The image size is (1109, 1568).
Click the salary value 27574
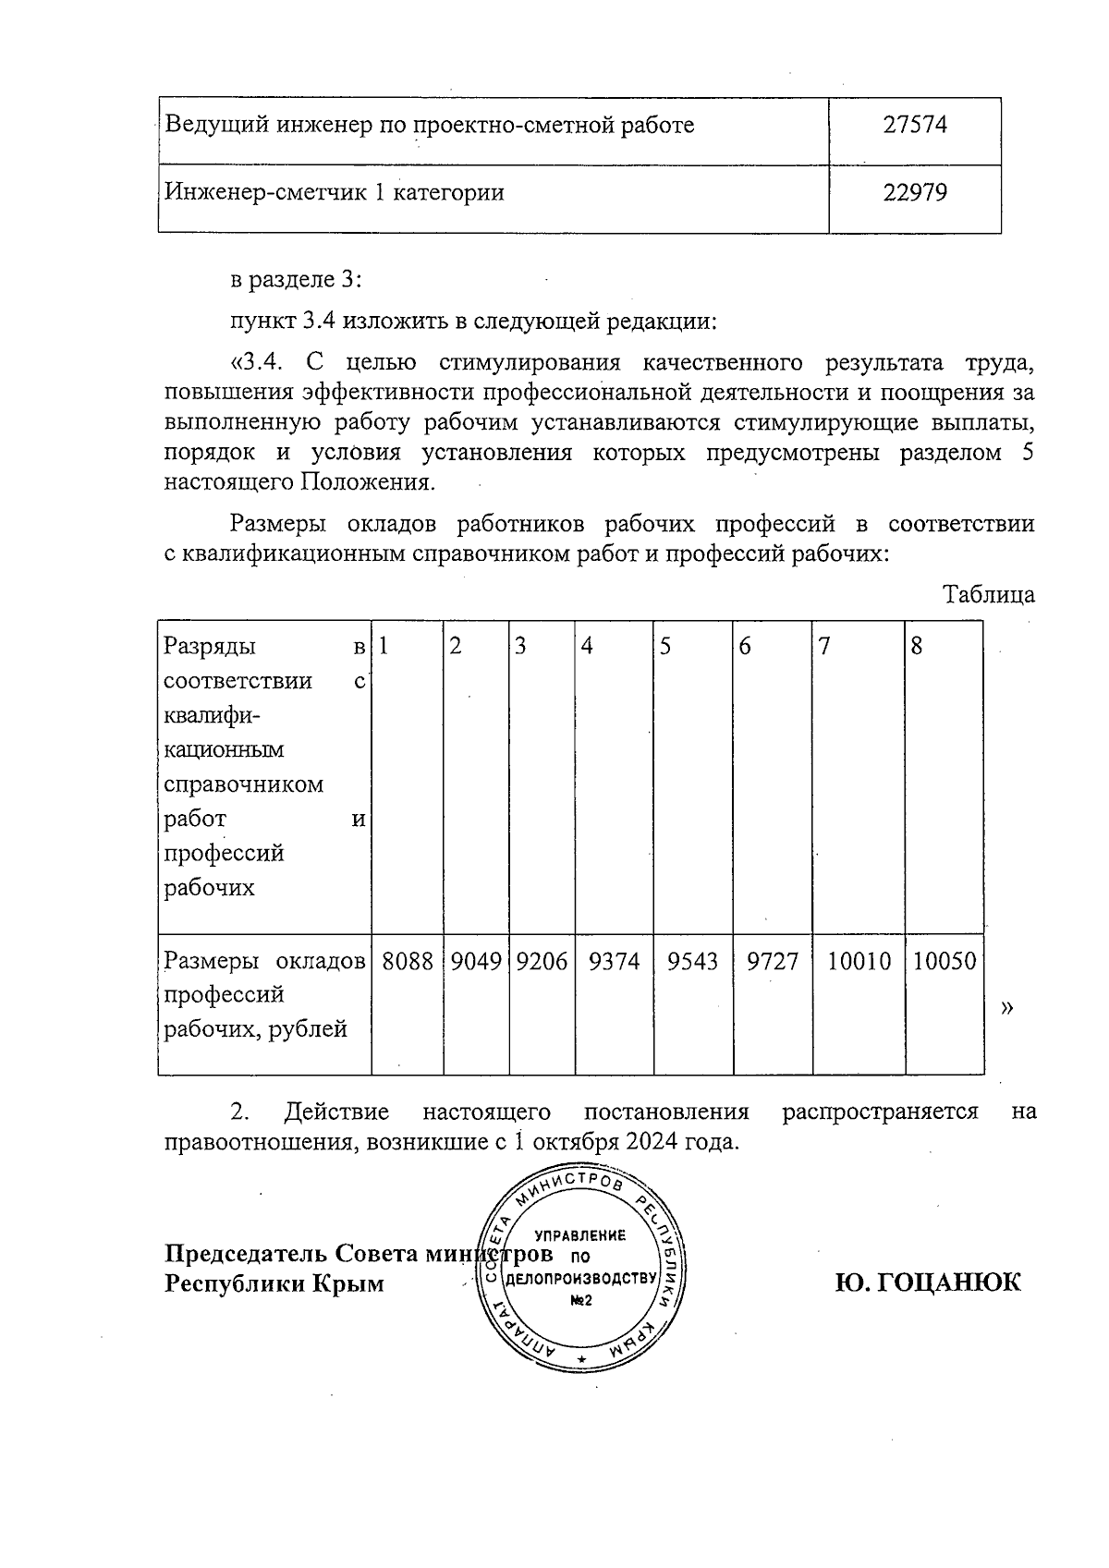point(915,126)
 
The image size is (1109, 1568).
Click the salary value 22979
point(915,193)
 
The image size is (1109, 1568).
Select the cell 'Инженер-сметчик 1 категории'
point(335,193)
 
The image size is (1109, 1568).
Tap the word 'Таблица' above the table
point(988,595)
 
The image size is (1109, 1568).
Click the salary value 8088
point(408,962)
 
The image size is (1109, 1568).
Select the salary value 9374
point(614,962)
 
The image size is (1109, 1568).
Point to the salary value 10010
point(859,962)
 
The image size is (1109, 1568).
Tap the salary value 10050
point(944,962)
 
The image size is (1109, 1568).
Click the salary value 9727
point(773,962)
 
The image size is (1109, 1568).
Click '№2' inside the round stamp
point(580,1301)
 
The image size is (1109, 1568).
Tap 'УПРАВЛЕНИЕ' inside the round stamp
point(580,1235)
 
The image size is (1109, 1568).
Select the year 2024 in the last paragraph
point(652,1141)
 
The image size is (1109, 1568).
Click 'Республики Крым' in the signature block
point(274,1284)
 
